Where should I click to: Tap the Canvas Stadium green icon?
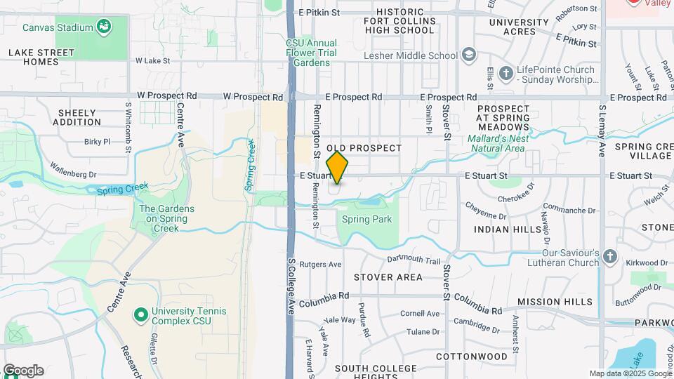pyautogui.click(x=104, y=27)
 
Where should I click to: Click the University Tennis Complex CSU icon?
pyautogui.click(x=140, y=316)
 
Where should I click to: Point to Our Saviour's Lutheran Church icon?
pyautogui.click(x=609, y=258)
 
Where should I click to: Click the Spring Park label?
pyautogui.click(x=366, y=220)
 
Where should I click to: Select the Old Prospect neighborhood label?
pyautogui.click(x=364, y=148)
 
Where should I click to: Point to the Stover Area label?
pyautogui.click(x=388, y=277)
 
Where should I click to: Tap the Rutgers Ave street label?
pyautogui.click(x=320, y=265)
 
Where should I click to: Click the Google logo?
pyautogui.click(x=22, y=371)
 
